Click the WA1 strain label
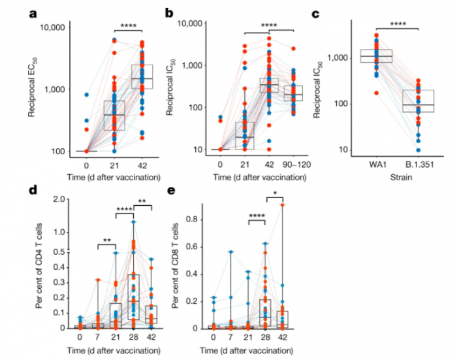[x=375, y=161]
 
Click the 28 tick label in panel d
[x=133, y=338]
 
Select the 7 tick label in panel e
[x=230, y=338]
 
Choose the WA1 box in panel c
[x=375, y=57]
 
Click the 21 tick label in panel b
[x=244, y=161]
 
